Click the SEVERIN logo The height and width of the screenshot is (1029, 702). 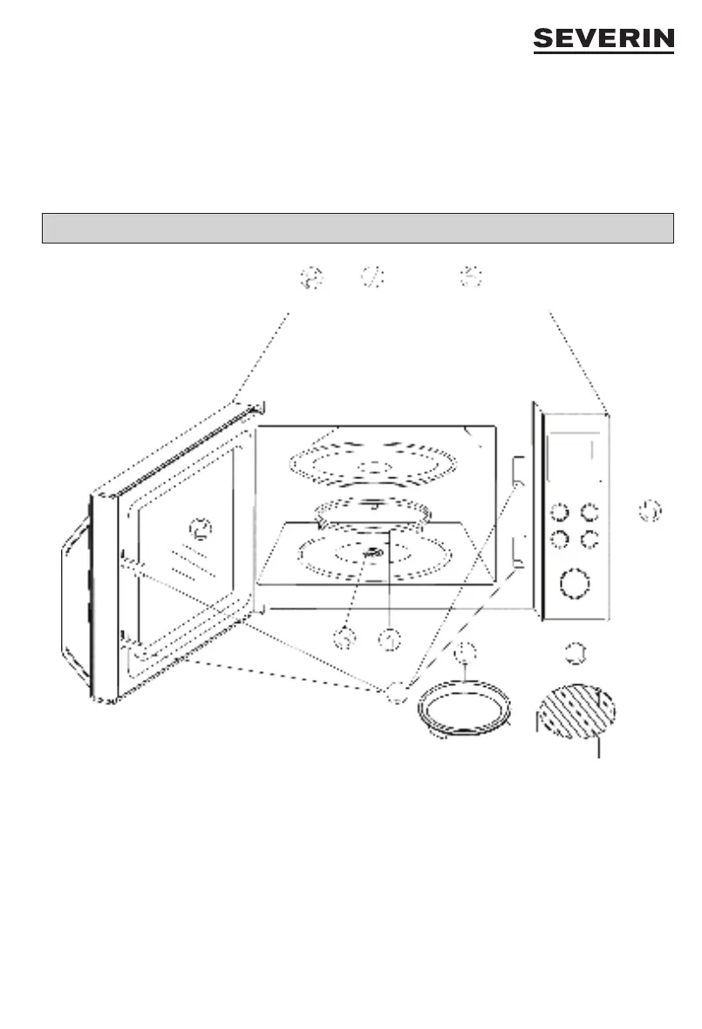(603, 40)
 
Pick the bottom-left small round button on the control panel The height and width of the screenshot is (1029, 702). (561, 539)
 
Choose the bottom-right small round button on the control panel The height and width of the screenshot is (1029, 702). (591, 539)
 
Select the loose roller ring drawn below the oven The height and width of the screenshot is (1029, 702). (463, 710)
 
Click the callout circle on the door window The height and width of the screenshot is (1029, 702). (201, 528)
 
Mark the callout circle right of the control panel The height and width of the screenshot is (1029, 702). (649, 511)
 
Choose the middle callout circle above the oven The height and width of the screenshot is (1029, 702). (372, 278)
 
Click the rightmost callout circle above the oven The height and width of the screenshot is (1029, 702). (472, 278)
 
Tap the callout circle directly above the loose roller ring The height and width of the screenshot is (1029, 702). (467, 651)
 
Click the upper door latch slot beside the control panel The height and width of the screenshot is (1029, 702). (518, 470)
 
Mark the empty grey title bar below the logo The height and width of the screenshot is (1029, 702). (358, 228)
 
